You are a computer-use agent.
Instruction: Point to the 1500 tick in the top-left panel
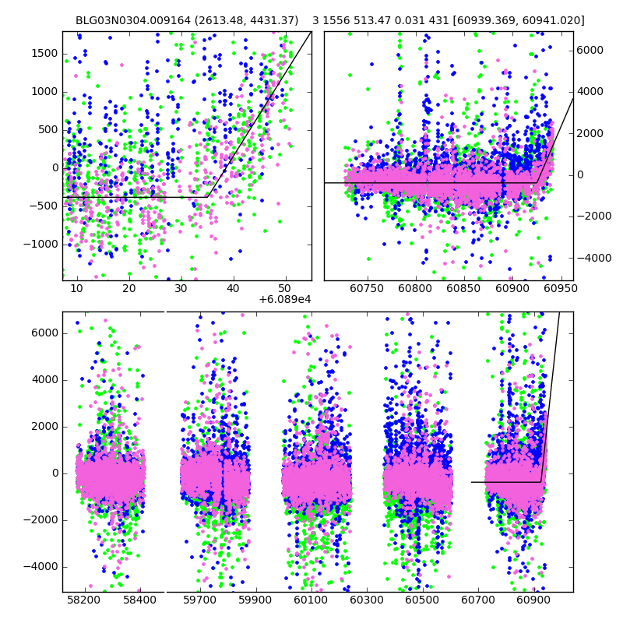coord(44,53)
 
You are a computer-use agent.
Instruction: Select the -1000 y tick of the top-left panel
coord(40,244)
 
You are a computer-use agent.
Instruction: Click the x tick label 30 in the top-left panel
coord(181,288)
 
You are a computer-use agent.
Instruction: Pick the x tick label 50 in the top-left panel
coord(285,288)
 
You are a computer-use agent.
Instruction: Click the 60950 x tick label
coord(560,288)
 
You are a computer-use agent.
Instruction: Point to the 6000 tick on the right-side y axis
coord(590,50)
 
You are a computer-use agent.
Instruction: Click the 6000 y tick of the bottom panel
coord(44,333)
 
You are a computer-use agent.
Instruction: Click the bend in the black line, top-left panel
coord(208,197)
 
